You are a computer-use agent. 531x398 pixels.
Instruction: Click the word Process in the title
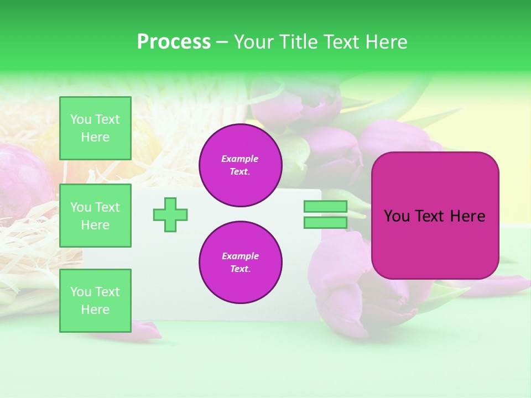[174, 42]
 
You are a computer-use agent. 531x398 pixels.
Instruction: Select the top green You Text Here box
[95, 128]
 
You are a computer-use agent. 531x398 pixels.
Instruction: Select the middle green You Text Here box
[95, 216]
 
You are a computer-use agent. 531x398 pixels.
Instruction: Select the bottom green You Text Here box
[95, 301]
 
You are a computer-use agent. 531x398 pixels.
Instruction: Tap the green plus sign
[170, 214]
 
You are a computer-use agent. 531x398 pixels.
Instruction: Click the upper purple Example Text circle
[240, 165]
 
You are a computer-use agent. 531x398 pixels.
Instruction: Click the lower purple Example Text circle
[240, 262]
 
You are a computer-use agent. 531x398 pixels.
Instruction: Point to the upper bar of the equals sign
[325, 206]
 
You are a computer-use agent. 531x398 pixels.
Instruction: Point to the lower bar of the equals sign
[325, 222]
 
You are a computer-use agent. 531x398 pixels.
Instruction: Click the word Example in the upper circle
[240, 159]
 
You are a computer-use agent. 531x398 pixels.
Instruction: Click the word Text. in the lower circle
[240, 269]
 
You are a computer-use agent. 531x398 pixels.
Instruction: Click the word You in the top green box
[81, 119]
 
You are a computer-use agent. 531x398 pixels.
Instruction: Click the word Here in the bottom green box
[95, 310]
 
